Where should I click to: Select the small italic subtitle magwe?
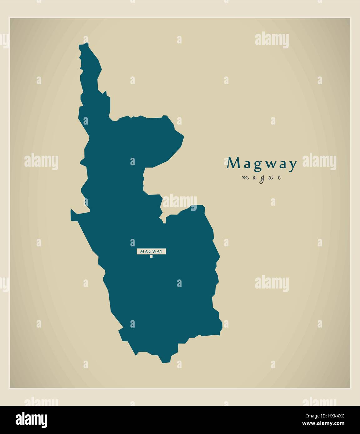(x=262, y=178)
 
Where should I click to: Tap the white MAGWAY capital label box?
(x=151, y=251)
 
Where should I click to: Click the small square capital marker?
(x=151, y=257)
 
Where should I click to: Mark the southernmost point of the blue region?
(x=163, y=363)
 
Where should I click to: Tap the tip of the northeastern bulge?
(x=183, y=136)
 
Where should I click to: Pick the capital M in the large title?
(x=233, y=163)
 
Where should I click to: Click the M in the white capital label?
(x=142, y=251)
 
